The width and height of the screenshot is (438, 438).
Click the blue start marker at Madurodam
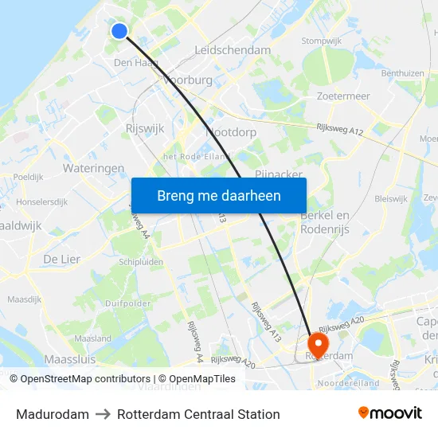pos(119,31)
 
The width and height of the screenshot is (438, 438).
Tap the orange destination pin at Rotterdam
pos(318,344)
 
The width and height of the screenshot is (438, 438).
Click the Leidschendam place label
pos(233,50)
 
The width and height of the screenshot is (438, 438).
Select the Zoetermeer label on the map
pos(343,96)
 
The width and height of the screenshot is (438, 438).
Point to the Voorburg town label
pos(188,80)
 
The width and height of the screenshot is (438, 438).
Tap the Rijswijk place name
pos(145,127)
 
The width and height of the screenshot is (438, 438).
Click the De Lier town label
pos(62,259)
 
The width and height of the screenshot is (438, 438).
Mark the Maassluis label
pos(70,360)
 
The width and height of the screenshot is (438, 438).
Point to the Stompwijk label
pos(322,41)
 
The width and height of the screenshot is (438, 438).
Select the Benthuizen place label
pos(402,72)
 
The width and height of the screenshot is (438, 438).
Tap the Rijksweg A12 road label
pos(340,127)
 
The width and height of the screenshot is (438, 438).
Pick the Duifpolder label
pos(127,303)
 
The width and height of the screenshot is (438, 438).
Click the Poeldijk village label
pos(28,177)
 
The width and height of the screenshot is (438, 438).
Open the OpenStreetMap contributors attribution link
pos(80,379)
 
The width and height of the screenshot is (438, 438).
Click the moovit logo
pos(390,413)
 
